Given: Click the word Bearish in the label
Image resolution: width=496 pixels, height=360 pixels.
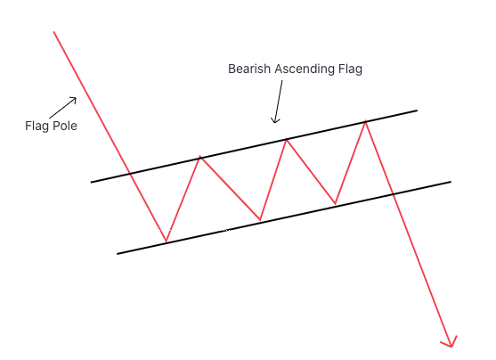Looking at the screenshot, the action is point(249,69).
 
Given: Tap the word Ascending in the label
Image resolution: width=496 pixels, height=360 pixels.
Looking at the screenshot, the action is point(305,70).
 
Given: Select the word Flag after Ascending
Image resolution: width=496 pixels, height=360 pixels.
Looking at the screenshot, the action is point(350,70).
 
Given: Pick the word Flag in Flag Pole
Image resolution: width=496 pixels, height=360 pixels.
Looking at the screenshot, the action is point(37,127).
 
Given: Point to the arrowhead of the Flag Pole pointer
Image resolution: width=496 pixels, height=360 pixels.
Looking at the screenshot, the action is point(74,100).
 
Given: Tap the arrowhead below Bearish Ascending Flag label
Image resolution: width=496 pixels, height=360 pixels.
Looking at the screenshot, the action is point(275,120).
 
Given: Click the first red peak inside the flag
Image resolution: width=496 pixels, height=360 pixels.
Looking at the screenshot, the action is point(200,157).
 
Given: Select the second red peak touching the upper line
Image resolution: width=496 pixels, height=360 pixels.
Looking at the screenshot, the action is point(287,139).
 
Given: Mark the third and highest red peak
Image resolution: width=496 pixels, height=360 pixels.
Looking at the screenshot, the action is point(366,121).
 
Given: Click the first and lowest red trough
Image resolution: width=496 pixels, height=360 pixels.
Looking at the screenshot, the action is point(166,241).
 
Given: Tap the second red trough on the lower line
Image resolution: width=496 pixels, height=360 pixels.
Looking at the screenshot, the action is point(260,220).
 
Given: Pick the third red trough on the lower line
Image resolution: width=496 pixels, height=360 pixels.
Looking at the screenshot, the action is point(336,203).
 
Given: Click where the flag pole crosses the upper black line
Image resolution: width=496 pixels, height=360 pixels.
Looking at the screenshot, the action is point(130,173).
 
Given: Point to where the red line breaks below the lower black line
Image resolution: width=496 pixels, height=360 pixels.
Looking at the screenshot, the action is point(393,193).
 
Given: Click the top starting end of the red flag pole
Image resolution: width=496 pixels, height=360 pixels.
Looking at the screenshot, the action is point(53,32).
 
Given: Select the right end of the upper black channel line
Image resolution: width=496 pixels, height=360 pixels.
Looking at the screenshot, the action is point(417,110).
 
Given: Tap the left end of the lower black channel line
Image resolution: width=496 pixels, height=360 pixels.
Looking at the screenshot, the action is point(118,254).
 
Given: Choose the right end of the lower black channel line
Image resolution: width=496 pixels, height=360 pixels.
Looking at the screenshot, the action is point(451,182).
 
